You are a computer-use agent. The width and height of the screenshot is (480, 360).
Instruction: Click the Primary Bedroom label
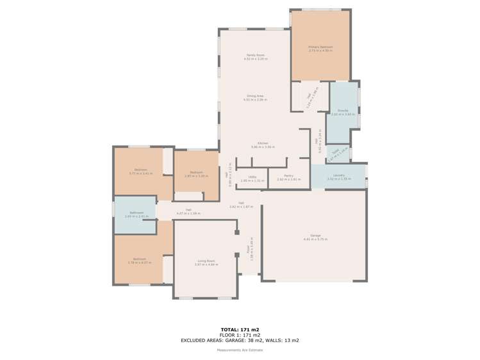tap(320, 47)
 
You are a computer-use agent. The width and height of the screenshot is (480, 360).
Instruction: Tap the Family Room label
tap(256, 55)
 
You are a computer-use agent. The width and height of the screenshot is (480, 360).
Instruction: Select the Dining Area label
tap(256, 96)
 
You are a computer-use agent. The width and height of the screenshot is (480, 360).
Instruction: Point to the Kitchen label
tap(263, 143)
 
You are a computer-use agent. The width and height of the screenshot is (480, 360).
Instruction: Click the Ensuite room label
tap(342, 111)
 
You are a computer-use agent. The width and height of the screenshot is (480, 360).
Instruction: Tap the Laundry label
tap(339, 175)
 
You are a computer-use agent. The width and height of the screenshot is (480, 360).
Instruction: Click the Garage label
tap(315, 235)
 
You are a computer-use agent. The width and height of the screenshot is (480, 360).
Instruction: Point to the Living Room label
tap(206, 261)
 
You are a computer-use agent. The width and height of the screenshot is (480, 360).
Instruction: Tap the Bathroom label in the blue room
tap(137, 213)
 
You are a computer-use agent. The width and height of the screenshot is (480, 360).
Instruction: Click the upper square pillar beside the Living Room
tap(236, 232)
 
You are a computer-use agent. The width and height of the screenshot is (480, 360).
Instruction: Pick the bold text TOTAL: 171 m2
tap(240, 329)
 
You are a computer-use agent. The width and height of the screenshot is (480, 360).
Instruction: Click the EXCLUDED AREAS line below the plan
tap(240, 340)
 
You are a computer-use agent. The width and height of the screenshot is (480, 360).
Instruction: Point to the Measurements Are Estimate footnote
tap(240, 350)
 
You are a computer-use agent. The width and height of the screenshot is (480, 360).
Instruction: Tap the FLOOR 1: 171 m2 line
tap(240, 335)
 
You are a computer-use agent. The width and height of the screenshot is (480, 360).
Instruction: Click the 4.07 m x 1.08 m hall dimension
tap(189, 213)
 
